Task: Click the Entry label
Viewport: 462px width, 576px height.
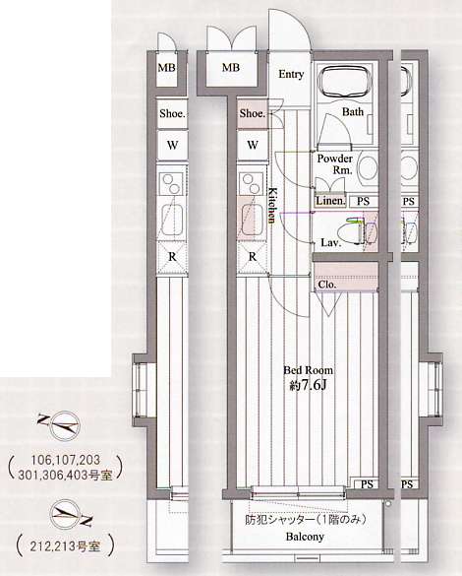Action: pos(291,74)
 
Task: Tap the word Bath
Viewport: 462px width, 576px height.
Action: pos(353,111)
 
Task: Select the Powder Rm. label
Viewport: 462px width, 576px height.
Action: pos(335,164)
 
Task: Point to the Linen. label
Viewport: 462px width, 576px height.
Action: pos(330,201)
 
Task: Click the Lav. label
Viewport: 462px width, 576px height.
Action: pos(331,242)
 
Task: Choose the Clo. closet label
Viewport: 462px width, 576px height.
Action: pos(326,285)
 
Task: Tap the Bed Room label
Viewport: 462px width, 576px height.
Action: pos(308,370)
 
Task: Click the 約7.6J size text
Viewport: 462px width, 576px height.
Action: pos(308,385)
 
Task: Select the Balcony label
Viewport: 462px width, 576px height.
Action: pos(305,537)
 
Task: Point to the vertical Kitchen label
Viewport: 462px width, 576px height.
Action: pos(272,206)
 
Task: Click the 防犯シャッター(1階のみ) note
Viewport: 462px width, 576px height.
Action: pos(306,520)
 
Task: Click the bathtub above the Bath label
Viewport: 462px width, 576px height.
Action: pos(344,81)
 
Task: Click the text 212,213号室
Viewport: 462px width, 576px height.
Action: pos(65,547)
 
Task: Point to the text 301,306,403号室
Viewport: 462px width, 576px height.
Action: pos(65,476)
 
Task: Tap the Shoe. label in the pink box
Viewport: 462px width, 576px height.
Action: pos(253,113)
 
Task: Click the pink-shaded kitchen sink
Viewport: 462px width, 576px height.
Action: pos(252,220)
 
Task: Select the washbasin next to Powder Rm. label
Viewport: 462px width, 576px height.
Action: pos(369,167)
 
